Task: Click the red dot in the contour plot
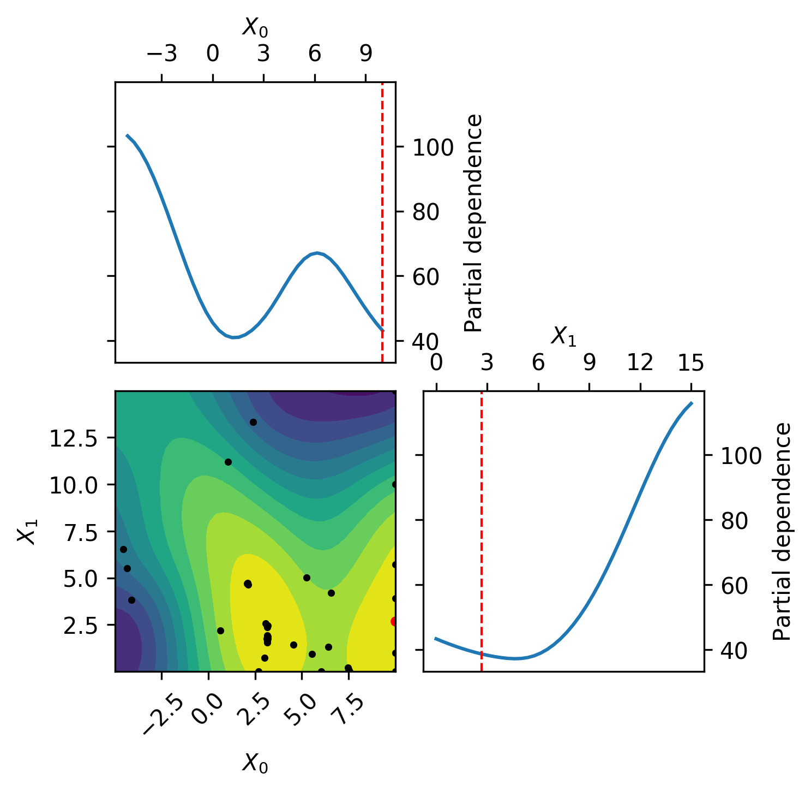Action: (393, 621)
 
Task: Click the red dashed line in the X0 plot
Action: (382, 222)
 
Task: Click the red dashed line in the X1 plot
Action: (482, 531)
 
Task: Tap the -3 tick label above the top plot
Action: (161, 54)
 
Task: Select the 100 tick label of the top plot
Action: (432, 147)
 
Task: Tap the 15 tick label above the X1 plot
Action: (691, 362)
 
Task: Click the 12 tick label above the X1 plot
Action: (640, 362)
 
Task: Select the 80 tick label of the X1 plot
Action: (734, 521)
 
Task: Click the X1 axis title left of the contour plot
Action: (27, 531)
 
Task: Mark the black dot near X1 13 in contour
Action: (253, 422)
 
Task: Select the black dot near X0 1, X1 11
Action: (228, 462)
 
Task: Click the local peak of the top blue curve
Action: (317, 253)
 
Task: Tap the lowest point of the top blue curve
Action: (233, 337)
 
